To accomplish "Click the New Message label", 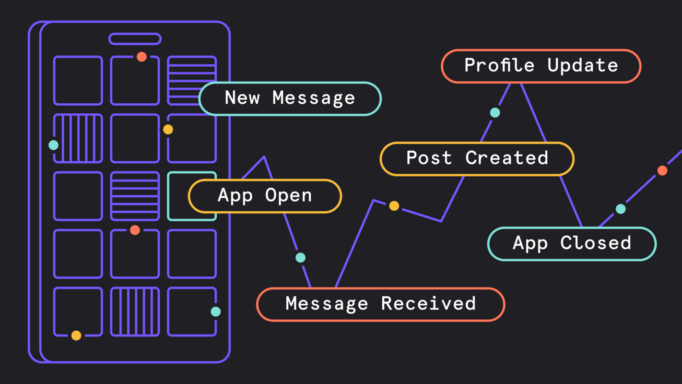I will click(x=290, y=98).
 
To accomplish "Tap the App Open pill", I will click(x=265, y=196).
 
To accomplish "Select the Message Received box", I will click(x=380, y=304).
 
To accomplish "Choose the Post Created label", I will click(x=477, y=158).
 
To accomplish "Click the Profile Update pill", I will click(x=541, y=66).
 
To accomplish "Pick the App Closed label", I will click(x=572, y=243).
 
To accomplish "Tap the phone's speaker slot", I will click(x=135, y=39).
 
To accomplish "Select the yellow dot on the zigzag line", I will click(x=394, y=206).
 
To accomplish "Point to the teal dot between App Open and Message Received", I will click(x=300, y=258).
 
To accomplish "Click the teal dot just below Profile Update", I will click(x=495, y=113).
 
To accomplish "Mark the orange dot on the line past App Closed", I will click(x=662, y=170).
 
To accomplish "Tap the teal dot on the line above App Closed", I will click(x=621, y=209).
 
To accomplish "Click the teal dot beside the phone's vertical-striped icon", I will click(x=54, y=145).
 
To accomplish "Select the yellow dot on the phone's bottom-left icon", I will click(x=76, y=336).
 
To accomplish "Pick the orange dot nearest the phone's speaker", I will click(x=141, y=57).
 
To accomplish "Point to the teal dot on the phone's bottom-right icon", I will click(x=216, y=312).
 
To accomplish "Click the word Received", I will click(x=428, y=304).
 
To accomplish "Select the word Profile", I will click(x=499, y=66).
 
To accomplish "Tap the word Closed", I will click(x=596, y=243).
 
